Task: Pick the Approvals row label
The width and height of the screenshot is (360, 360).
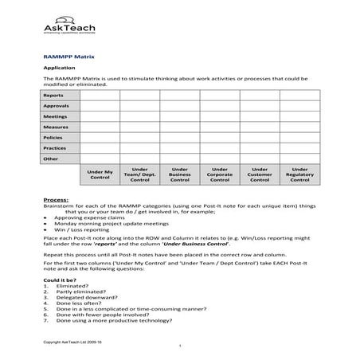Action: (56, 106)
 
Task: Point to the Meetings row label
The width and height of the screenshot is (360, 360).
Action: (55, 116)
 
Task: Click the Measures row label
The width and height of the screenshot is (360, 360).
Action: (56, 127)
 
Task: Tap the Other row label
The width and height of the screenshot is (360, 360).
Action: (51, 158)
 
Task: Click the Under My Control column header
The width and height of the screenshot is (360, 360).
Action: (100, 175)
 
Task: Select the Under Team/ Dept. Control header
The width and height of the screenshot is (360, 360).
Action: (139, 175)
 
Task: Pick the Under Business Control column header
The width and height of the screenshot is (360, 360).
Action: (179, 175)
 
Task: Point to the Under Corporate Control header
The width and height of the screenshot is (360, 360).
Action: (219, 175)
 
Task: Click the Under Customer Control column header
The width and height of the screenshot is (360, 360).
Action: (260, 175)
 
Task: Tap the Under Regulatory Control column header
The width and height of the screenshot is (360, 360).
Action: (299, 175)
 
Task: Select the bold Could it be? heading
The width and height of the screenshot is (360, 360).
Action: (60, 280)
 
